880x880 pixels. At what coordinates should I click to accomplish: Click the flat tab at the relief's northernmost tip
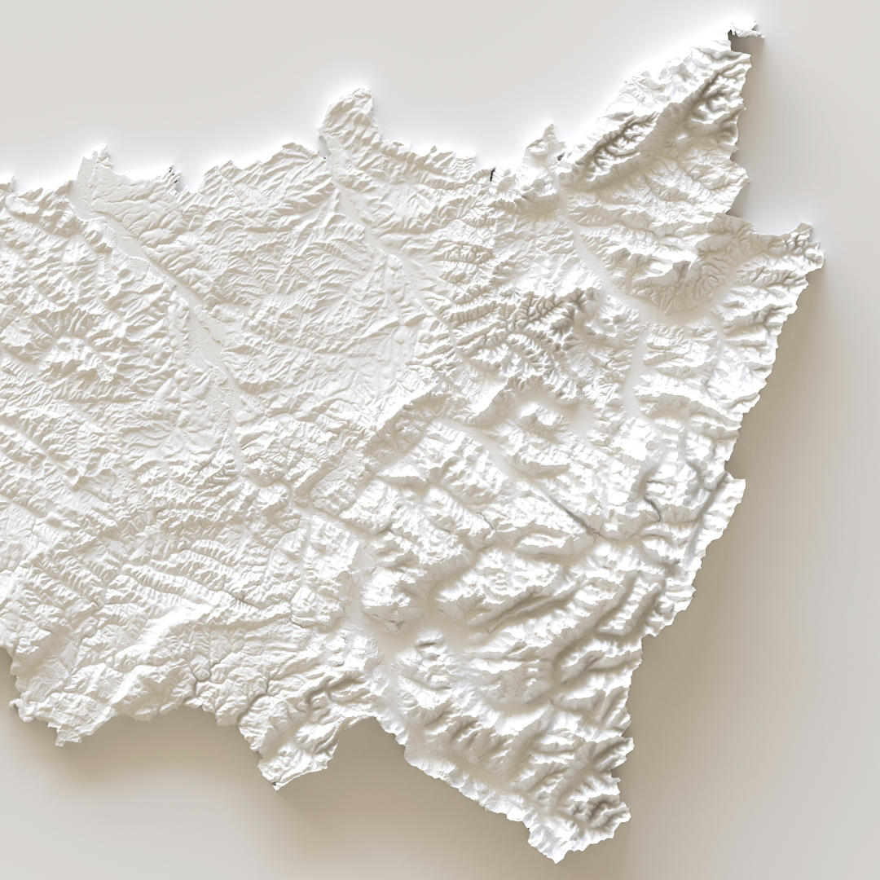[x=743, y=32]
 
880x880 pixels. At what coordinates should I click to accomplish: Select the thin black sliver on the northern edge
[x=492, y=174]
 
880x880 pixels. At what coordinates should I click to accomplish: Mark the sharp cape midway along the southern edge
[x=275, y=784]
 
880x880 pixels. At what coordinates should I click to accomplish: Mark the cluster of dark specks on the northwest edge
[x=172, y=170]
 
